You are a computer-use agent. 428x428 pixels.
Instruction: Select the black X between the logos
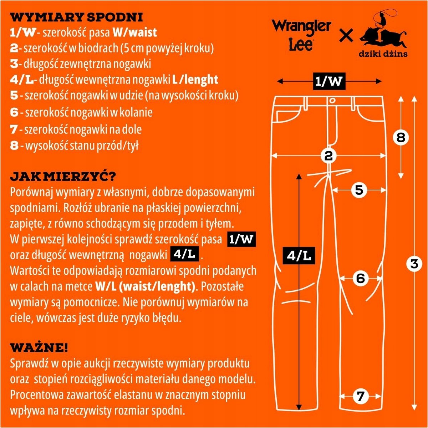coord(346,35)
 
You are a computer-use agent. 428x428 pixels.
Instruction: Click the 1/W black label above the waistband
coord(329,81)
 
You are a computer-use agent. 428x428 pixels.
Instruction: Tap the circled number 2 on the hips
coord(328,156)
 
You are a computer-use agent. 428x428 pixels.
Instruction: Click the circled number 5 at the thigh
coord(359,190)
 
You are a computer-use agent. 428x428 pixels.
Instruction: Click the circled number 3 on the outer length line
coord(414,264)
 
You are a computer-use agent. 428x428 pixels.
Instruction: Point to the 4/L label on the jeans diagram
coord(299,256)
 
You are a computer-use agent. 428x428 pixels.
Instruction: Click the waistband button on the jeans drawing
coord(332,101)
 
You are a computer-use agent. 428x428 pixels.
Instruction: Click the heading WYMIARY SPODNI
coord(76,17)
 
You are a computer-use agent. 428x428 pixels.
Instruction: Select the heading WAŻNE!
coord(39,348)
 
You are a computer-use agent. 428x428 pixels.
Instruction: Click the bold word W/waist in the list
coord(135,32)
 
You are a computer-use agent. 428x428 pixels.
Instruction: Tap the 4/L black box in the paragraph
coord(184,254)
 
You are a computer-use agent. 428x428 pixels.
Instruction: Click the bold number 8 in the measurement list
coord(14,146)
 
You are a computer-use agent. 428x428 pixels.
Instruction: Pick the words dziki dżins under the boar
coord(383,53)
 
